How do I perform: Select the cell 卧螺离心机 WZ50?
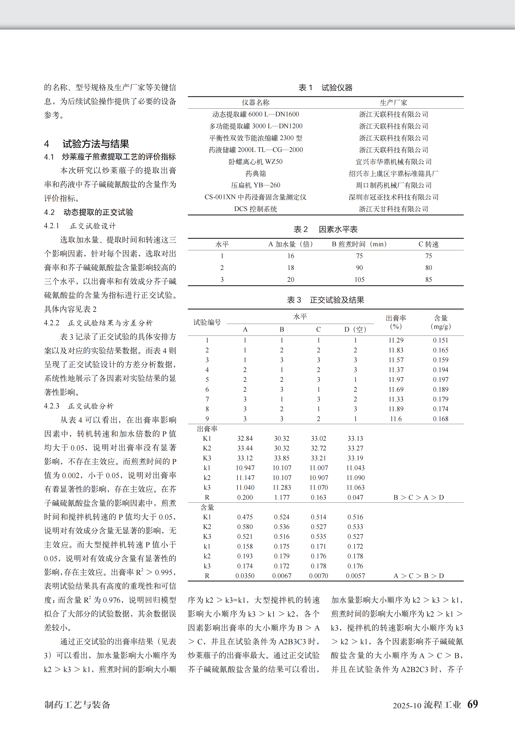[255, 162]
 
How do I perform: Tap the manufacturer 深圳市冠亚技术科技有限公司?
[394, 197]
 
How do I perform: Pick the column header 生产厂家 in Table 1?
[394, 103]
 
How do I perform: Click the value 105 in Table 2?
[359, 279]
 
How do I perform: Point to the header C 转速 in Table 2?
[428, 244]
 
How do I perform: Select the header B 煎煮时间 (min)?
[359, 244]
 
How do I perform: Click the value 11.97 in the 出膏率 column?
[396, 379]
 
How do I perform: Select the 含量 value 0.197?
[440, 379]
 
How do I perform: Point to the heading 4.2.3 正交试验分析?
[79, 406]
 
